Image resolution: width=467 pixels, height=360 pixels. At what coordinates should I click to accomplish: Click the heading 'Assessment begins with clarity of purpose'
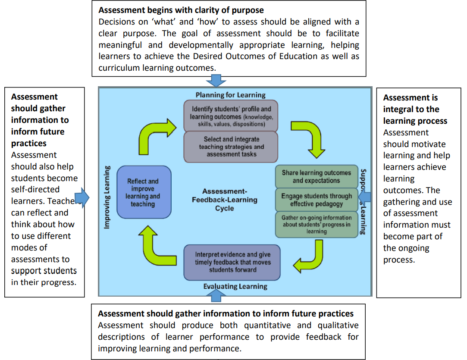[x=181, y=10]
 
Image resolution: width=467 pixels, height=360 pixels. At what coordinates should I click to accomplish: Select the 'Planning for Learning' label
[x=231, y=95]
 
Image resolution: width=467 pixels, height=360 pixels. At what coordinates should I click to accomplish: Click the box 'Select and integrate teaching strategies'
[x=231, y=147]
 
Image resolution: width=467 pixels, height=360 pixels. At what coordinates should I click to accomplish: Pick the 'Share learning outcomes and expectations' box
[x=317, y=177]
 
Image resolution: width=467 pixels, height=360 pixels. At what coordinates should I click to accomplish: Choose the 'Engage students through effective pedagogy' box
[x=317, y=200]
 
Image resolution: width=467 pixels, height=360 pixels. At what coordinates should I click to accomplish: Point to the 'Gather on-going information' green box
[x=317, y=224]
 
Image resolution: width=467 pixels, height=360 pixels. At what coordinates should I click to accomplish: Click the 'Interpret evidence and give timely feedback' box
[x=232, y=262]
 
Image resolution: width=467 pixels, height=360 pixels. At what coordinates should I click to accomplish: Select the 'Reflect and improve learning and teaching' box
[x=143, y=193]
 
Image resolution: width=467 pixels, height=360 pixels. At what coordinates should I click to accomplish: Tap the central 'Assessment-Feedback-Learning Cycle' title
[x=224, y=200]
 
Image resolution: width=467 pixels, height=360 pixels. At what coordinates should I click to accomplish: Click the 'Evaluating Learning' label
[x=235, y=286]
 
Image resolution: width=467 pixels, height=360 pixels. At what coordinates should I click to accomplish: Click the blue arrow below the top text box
[x=216, y=81]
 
